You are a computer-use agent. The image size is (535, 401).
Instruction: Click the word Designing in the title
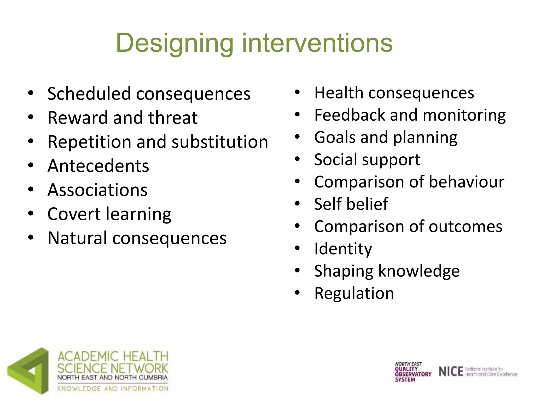(x=175, y=43)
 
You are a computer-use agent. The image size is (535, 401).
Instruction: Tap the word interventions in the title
(x=317, y=43)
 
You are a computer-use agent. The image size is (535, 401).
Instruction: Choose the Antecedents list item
(x=98, y=166)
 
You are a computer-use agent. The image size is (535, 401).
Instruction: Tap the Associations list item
(x=97, y=190)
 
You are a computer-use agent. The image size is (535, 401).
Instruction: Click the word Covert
(x=74, y=214)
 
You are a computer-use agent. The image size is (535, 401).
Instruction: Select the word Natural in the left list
(x=77, y=238)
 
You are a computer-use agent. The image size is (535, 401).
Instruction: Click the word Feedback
(x=350, y=115)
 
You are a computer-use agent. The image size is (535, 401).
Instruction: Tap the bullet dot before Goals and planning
(x=297, y=137)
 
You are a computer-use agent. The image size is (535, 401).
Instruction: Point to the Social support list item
(x=367, y=160)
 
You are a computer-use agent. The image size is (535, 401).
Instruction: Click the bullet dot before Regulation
(x=297, y=293)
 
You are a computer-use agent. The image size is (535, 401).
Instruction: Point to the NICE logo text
(x=451, y=371)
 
